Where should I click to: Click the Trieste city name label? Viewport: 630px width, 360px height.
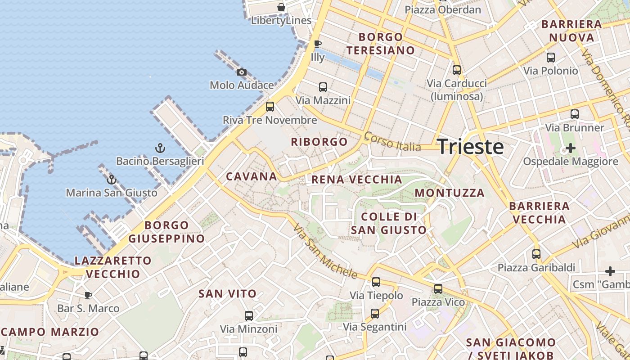click(x=470, y=147)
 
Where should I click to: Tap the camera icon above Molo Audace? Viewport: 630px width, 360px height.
click(x=242, y=72)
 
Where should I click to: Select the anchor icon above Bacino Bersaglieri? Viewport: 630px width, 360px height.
click(x=160, y=148)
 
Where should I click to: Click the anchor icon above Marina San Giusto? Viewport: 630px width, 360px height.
click(x=111, y=180)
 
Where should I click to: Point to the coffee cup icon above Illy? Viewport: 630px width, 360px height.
click(x=317, y=44)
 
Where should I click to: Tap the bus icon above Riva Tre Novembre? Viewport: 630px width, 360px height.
click(x=270, y=107)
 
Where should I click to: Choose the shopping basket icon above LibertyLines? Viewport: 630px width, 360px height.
click(x=281, y=7)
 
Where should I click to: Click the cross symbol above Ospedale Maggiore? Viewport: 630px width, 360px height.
click(x=570, y=148)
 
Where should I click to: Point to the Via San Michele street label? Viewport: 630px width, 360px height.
click(x=325, y=251)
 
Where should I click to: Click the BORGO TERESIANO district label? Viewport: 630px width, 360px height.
click(x=380, y=43)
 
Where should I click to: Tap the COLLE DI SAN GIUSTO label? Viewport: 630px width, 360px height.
click(x=389, y=223)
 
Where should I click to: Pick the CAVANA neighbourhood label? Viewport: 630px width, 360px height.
click(x=252, y=176)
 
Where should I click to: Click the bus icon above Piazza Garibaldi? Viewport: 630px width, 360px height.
click(x=536, y=254)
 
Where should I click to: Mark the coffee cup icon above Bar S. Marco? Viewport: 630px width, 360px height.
click(x=88, y=295)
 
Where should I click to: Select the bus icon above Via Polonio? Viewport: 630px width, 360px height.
click(x=550, y=57)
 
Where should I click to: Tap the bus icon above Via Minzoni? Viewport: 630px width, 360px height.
click(x=249, y=315)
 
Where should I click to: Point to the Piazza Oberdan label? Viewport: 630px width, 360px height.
click(x=443, y=9)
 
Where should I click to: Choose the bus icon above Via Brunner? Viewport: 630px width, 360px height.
click(x=575, y=114)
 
